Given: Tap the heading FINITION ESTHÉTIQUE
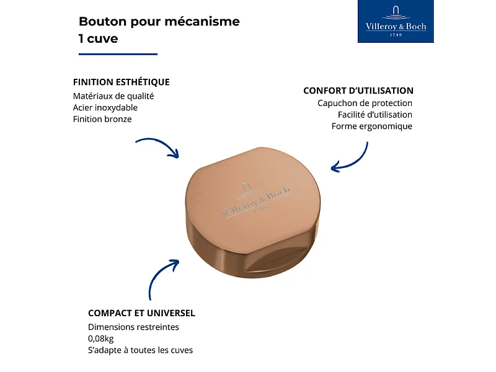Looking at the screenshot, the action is [121, 82].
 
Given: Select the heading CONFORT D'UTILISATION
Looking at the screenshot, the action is [358, 91].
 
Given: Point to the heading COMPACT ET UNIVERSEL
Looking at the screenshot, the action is [141, 313].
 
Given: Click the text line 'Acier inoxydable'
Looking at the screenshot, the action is [105, 107].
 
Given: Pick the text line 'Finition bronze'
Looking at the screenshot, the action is [102, 119].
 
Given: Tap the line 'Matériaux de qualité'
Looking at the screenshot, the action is [113, 96].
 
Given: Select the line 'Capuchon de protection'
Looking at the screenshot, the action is [365, 104].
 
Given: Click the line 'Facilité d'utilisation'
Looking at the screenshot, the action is [374, 115].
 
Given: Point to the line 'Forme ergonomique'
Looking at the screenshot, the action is [371, 126].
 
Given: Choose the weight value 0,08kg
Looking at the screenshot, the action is [100, 339].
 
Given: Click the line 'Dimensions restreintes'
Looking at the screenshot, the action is [133, 327].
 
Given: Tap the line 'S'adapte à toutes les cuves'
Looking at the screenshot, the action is [140, 350].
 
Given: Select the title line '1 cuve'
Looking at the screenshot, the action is [98, 38].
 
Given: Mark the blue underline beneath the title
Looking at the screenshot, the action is [118, 55].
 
